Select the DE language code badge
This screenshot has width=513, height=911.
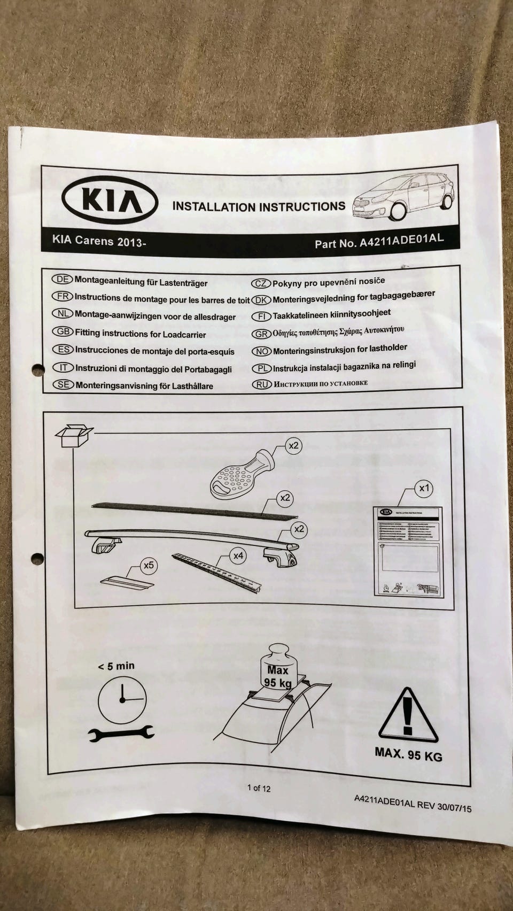point(62,279)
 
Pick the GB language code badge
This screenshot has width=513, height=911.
point(63,331)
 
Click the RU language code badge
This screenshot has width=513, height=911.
point(261,384)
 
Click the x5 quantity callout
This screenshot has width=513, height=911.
point(148,565)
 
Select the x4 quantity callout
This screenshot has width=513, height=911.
point(238,556)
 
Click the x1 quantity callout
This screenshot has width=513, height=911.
point(424,488)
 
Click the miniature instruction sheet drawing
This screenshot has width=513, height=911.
point(408,551)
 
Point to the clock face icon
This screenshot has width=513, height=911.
point(122,700)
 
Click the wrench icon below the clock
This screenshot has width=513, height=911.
point(121,734)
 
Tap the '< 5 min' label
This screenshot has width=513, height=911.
point(116,666)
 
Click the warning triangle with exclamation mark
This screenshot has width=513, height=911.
point(408,716)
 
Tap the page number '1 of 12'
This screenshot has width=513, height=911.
point(259,788)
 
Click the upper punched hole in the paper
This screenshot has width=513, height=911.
point(37,369)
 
